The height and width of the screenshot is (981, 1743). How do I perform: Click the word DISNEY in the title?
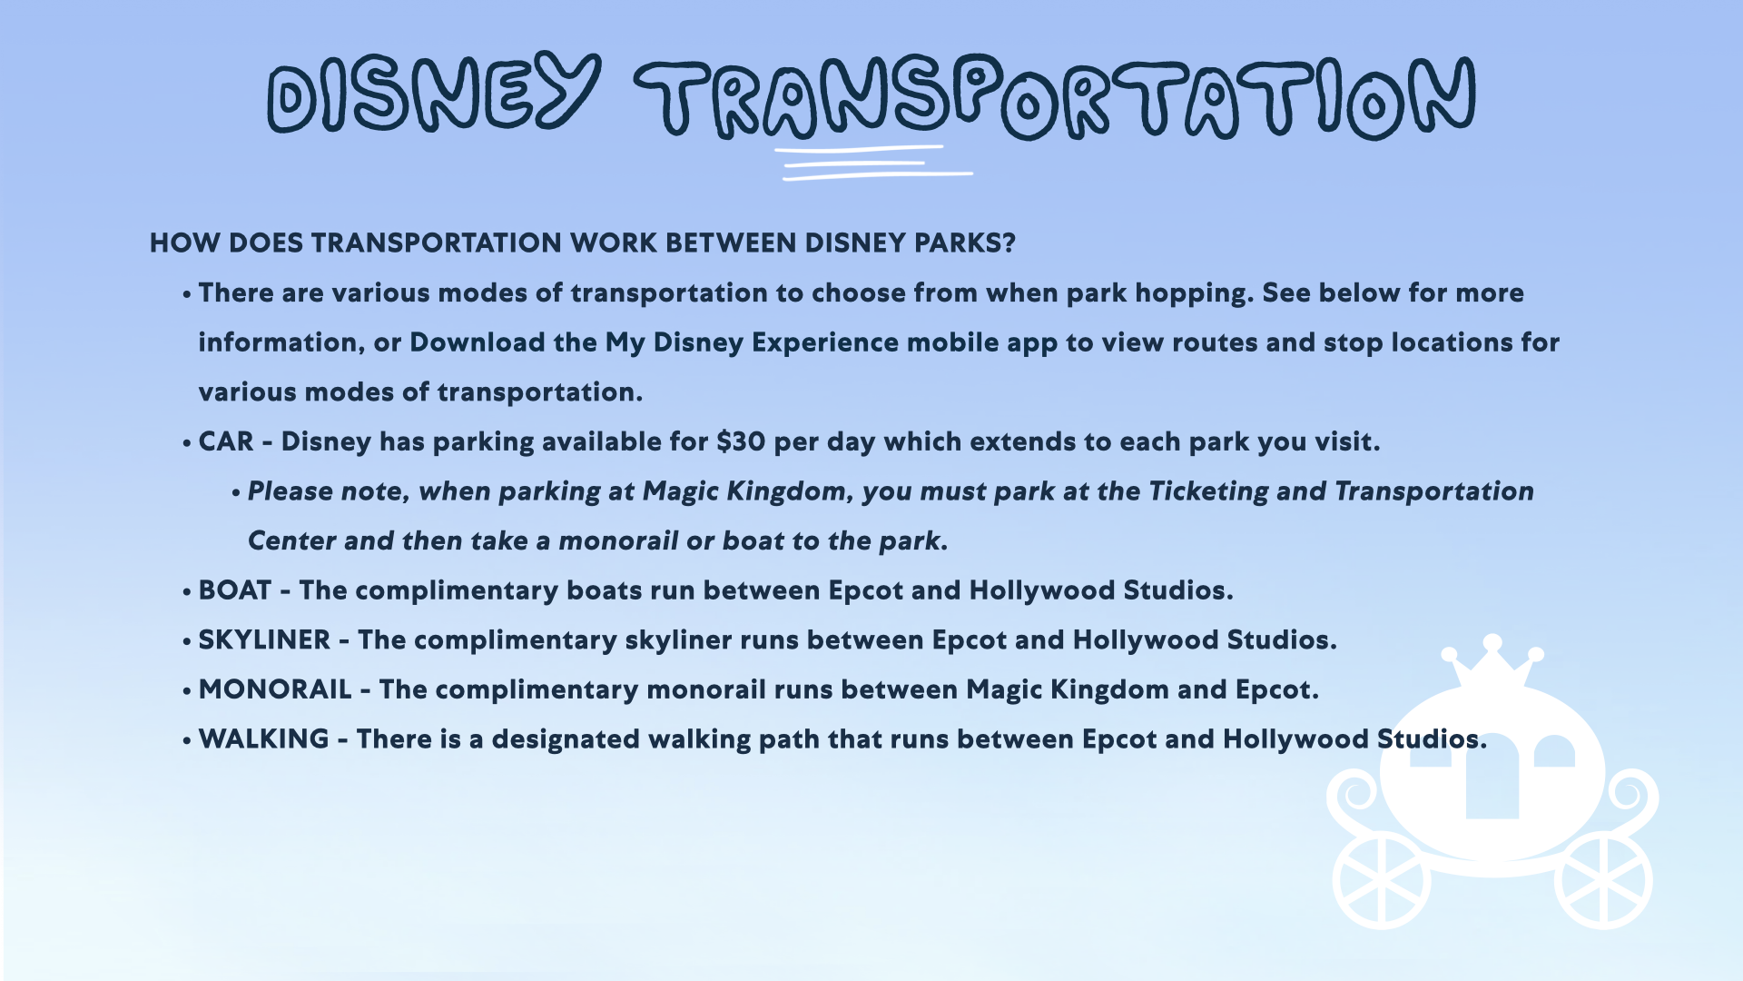[x=434, y=93]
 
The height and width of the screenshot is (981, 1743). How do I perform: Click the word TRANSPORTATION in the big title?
[x=1055, y=98]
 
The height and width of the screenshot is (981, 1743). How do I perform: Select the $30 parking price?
[x=741, y=441]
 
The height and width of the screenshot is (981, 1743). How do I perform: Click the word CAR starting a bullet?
[x=226, y=441]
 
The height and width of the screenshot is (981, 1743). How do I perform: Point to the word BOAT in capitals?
[x=234, y=590]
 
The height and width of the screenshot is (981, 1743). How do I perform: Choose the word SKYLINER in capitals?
[x=264, y=639]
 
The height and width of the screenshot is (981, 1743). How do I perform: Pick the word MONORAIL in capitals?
[x=275, y=689]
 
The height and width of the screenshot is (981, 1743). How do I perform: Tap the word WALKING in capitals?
[x=263, y=738]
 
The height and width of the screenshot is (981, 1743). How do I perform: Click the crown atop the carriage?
[x=1492, y=661]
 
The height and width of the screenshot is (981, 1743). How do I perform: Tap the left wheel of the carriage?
[x=1382, y=880]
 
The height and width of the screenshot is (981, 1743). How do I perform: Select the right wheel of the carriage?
[x=1603, y=880]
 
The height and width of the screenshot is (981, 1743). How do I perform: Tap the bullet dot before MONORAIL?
[x=187, y=691]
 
